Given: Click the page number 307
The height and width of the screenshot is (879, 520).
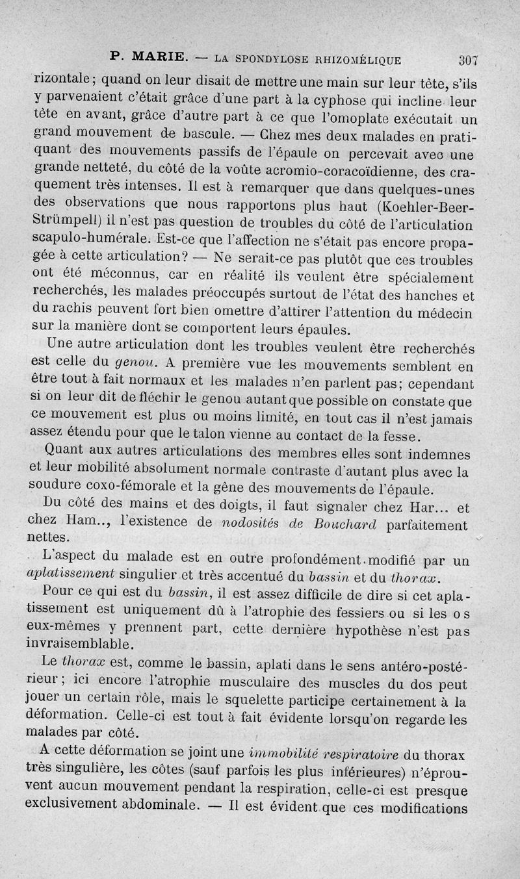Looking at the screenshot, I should pos(468,60).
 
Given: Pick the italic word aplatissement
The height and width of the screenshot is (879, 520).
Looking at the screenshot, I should pos(71,572).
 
